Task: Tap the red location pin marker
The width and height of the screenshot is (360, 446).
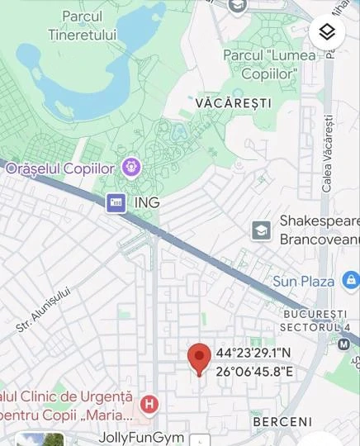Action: tap(198, 358)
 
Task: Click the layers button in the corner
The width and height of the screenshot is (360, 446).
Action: tap(327, 33)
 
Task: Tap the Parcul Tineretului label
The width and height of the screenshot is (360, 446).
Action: tap(82, 25)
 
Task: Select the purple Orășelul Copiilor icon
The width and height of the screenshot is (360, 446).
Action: tap(130, 168)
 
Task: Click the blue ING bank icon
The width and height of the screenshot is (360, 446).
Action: tap(116, 202)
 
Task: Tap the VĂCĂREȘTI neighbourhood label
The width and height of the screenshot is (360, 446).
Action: tap(233, 103)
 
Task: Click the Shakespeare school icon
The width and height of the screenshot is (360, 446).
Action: tap(261, 230)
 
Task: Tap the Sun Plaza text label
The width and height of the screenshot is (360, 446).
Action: tap(303, 282)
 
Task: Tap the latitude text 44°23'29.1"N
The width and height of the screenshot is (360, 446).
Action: tap(253, 353)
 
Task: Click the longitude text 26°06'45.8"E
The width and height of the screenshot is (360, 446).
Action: tap(254, 372)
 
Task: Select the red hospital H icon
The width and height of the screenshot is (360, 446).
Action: tap(149, 404)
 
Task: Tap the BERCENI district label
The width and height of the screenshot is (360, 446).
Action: tap(282, 421)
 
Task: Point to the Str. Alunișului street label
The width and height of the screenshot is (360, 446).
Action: tap(45, 310)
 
